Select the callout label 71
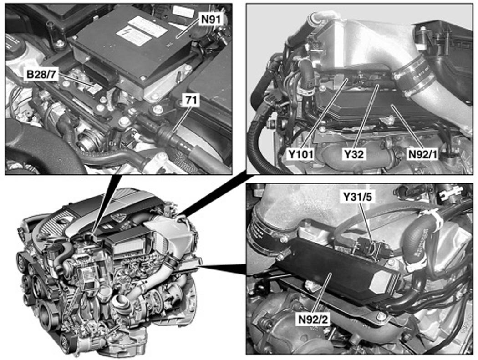(191, 101)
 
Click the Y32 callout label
(354, 155)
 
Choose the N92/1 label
(423, 155)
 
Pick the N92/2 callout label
(314, 320)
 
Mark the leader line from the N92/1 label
(408, 127)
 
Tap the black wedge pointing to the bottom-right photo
(222, 268)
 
